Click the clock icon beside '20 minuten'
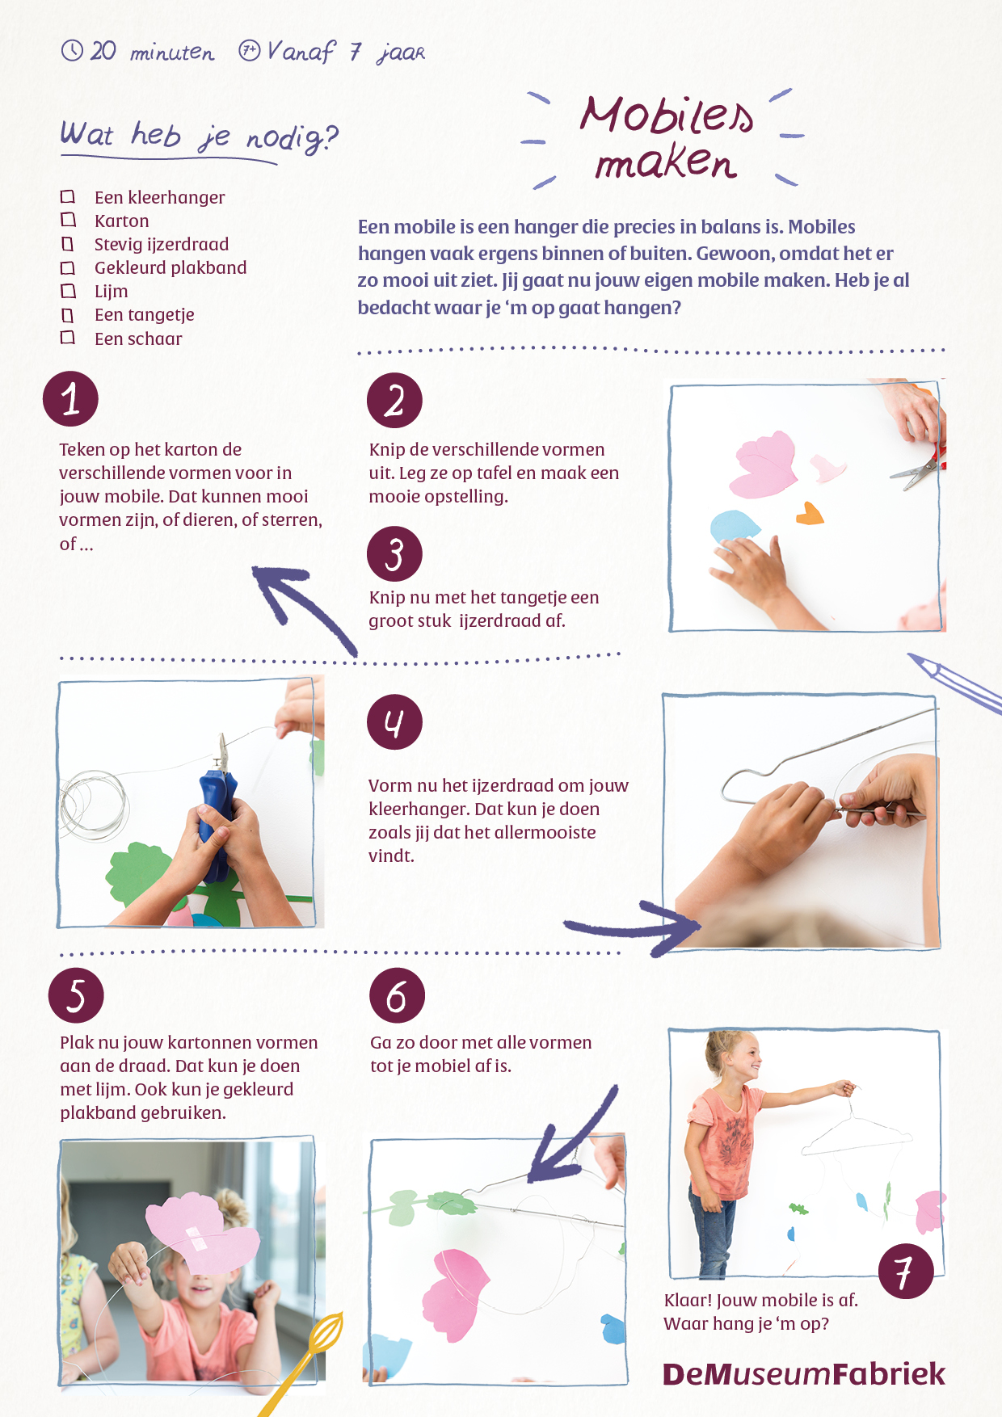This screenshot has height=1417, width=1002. coord(72,50)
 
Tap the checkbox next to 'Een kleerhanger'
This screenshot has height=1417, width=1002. coord(68,196)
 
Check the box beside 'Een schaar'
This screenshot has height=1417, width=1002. coord(68,338)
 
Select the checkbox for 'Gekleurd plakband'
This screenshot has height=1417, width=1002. coord(68,267)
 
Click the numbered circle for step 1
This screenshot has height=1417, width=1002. coord(70,399)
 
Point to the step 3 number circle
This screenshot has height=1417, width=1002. coord(394,554)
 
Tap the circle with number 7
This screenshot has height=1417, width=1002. coord(906,1272)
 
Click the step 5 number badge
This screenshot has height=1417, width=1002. coord(76,995)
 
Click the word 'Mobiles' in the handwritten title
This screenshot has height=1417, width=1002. coord(667,115)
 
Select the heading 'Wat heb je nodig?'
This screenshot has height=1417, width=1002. coord(199,136)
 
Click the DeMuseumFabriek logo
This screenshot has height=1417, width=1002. coord(803,1374)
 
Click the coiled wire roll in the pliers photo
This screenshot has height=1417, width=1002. coord(94,802)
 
